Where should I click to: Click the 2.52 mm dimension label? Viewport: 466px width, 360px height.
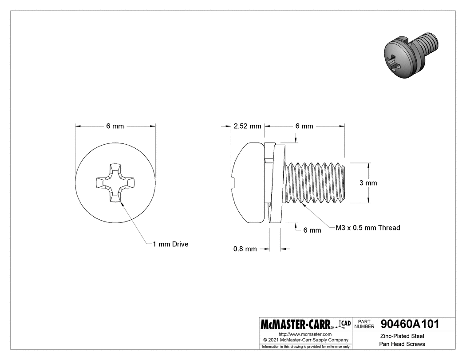pyautogui.click(x=247, y=126)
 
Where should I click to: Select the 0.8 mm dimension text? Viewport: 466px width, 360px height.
pyautogui.click(x=245, y=249)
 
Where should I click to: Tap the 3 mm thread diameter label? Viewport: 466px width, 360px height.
pyautogui.click(x=368, y=183)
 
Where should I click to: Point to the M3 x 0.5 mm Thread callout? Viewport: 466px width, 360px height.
pyautogui.click(x=367, y=228)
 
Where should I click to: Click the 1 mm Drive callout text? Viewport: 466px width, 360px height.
pyautogui.click(x=170, y=244)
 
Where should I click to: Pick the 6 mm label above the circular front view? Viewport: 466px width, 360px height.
pyautogui.click(x=115, y=126)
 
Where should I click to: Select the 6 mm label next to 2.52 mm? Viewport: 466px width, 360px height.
pyautogui.click(x=304, y=126)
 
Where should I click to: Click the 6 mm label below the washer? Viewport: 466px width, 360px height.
pyautogui.click(x=312, y=230)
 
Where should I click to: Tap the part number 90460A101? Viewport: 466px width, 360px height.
pyautogui.click(x=410, y=324)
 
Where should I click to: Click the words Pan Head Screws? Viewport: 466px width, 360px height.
pyautogui.click(x=402, y=344)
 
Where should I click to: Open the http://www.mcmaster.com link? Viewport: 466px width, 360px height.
pyautogui.click(x=305, y=334)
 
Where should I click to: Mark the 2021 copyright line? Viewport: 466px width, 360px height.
pyautogui.click(x=305, y=340)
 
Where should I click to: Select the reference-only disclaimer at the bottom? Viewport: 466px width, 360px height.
pyautogui.click(x=305, y=346)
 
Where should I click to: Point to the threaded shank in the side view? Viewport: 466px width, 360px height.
pyautogui.click(x=315, y=183)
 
